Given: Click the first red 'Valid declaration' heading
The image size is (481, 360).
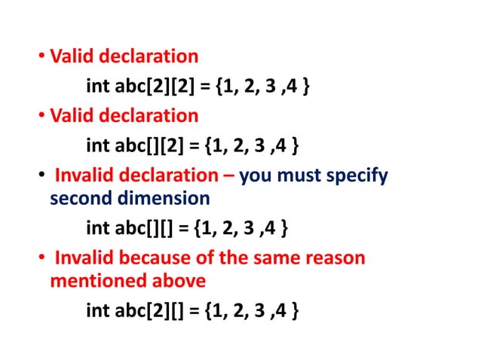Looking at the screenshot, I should point(124,56).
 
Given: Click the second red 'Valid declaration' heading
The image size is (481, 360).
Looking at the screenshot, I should point(124,116).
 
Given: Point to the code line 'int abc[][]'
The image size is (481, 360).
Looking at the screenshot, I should point(188,227).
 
